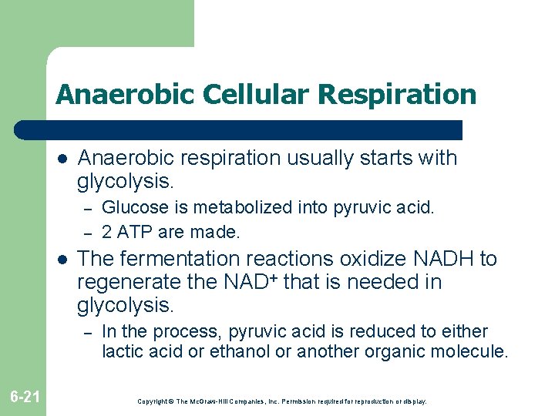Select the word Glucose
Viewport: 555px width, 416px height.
[129, 207]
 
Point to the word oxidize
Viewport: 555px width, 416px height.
[371, 258]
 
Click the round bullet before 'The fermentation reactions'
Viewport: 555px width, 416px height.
[62, 260]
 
